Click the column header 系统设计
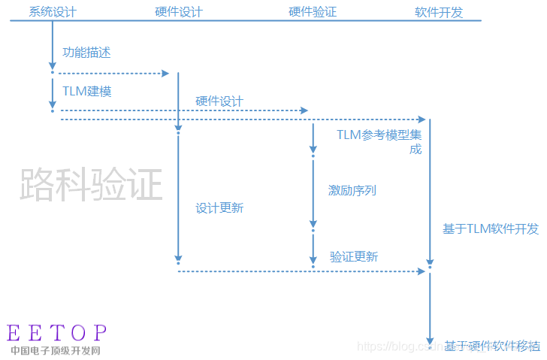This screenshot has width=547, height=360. pos(53,12)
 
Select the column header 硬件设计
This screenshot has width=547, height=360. pos(178,12)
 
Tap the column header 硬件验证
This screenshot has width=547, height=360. pos(313,12)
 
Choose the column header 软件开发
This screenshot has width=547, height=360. pos(439,12)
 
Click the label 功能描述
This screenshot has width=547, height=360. pos(87,53)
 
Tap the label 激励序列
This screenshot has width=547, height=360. pos(352,190)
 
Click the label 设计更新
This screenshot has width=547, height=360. pos(219,208)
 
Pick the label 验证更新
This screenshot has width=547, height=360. pos(354,257)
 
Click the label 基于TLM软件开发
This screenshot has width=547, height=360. pos(491,229)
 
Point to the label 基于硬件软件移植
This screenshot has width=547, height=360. pos(491,346)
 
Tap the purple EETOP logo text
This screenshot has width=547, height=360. pos(57,333)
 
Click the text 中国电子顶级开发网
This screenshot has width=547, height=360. pos(56,350)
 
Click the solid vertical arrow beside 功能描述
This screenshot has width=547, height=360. pos(53,45)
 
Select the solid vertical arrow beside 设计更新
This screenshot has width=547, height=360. pos(178,195)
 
